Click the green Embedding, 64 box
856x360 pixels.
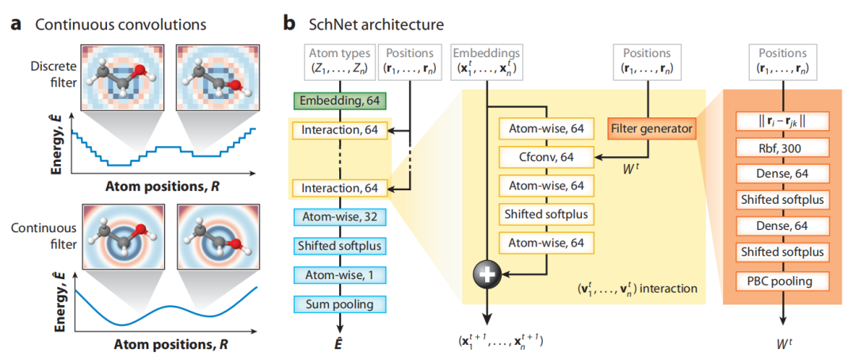point(339,101)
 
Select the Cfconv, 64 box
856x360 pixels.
point(546,157)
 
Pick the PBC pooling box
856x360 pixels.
point(782,280)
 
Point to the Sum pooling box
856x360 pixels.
point(339,303)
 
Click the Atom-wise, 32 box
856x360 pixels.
point(339,216)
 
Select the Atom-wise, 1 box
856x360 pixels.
point(339,274)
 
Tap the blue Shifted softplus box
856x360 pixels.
point(339,246)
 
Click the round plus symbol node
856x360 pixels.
point(487,274)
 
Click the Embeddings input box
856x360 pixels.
point(487,60)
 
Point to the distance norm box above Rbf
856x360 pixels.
point(782,122)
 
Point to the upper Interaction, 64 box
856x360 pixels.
point(339,128)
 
